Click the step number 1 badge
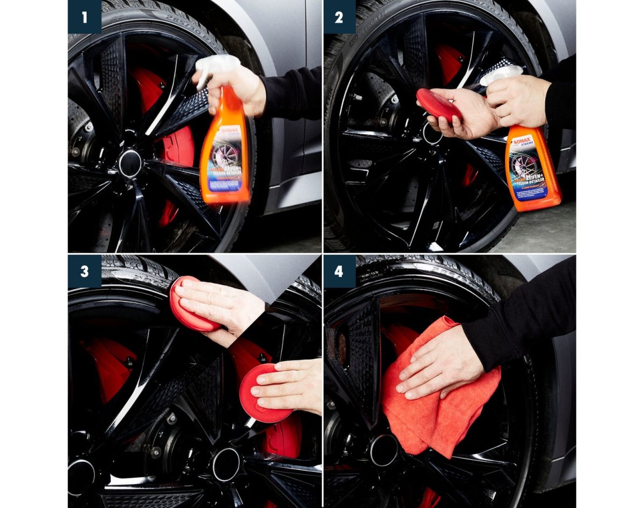84,17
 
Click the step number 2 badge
339,17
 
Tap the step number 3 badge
84,271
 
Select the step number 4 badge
339,271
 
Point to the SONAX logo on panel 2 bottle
521,142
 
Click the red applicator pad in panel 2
437,105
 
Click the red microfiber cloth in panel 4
424,408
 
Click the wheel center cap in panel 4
384,450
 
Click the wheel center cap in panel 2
432,134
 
